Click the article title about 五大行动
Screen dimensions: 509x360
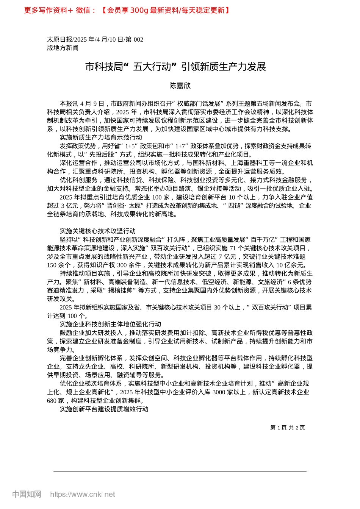(x=175, y=67)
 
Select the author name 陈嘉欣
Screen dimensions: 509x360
(x=180, y=86)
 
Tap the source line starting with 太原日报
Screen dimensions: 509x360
(x=95, y=39)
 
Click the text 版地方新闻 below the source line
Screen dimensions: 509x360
(x=63, y=48)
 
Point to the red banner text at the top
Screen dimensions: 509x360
(x=127, y=10)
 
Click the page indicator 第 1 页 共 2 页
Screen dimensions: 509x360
(x=287, y=428)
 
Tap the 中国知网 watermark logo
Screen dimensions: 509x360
(x=27, y=494)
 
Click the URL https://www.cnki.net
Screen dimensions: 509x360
(x=83, y=494)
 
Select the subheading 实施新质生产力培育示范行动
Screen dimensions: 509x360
(x=101, y=137)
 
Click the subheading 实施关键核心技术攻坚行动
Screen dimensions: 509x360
(x=97, y=231)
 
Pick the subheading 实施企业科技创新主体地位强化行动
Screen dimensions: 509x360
(x=110, y=324)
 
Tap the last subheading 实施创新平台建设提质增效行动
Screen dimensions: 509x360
(x=104, y=409)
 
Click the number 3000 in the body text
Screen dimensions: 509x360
(x=219, y=392)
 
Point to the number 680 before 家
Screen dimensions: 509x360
(x=52, y=401)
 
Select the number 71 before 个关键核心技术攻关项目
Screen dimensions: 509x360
(x=233, y=248)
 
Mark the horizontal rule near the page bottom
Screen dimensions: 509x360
(x=180, y=472)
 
